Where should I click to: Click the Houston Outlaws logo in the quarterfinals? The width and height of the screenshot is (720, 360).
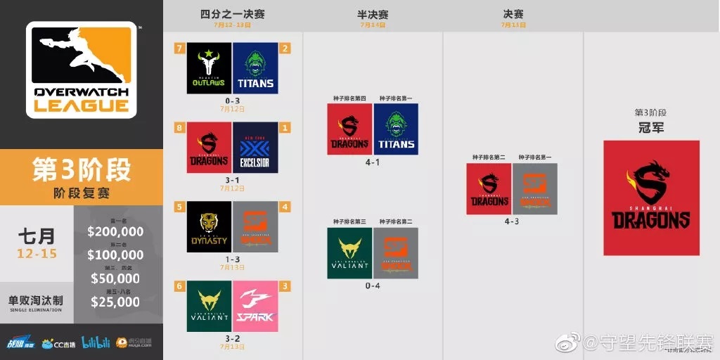[209, 68]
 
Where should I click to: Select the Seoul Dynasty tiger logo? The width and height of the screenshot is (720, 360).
[209, 226]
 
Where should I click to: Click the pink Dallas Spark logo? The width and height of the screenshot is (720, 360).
[255, 306]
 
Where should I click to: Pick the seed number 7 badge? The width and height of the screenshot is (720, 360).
[180, 48]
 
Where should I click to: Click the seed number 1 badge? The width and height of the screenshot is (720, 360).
[285, 128]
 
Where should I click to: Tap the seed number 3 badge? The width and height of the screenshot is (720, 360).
[285, 287]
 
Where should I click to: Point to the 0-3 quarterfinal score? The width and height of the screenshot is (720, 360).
[232, 101]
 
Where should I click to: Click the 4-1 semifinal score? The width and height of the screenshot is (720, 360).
[372, 162]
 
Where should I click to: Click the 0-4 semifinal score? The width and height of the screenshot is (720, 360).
[372, 285]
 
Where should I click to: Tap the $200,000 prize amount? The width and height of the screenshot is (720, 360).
[115, 232]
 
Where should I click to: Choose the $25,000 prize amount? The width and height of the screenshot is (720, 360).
[115, 302]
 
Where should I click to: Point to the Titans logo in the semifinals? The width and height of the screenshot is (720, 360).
[396, 129]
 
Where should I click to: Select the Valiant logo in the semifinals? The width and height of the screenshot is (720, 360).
[349, 252]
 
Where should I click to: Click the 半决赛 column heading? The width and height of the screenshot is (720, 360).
[373, 14]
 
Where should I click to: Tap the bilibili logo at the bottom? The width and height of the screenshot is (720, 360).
[96, 342]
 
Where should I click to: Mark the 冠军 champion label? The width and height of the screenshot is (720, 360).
[650, 128]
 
